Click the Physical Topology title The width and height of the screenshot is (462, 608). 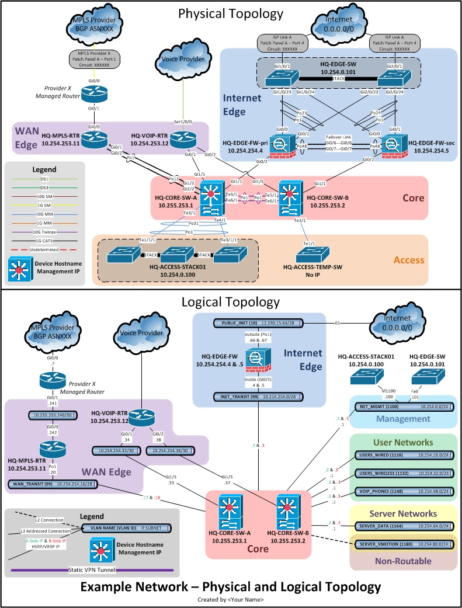pyautogui.click(x=231, y=13)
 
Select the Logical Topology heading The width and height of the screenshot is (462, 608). pyautogui.click(x=231, y=302)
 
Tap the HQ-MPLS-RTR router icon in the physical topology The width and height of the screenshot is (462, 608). pyautogui.click(x=91, y=138)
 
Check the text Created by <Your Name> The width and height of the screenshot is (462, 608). pyautogui.click(x=231, y=599)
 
